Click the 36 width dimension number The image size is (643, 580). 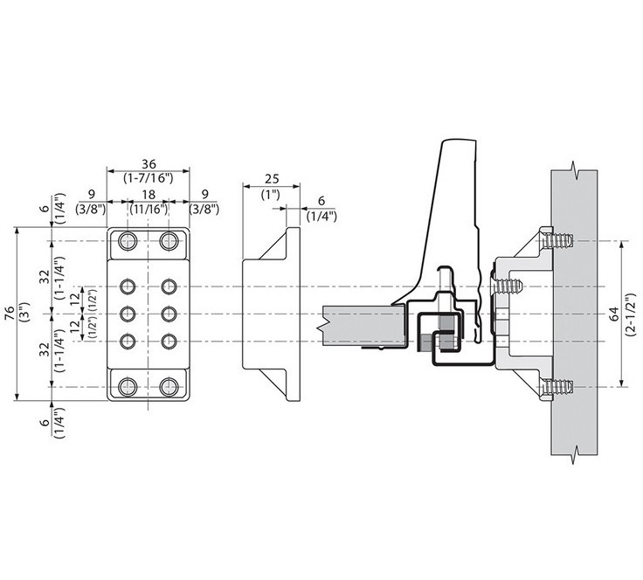pos(149,164)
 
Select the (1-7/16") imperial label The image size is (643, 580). pos(149,178)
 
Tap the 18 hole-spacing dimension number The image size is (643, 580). pos(149,195)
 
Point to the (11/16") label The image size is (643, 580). pos(149,209)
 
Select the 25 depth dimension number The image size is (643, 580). pos(272,179)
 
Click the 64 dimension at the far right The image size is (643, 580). pos(615,314)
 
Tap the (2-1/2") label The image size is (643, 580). pos(630,314)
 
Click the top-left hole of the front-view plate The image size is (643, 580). pos(128,241)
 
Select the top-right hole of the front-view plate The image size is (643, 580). pos(169,241)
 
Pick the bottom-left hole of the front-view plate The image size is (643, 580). pos(128,387)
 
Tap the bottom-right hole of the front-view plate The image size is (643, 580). pos(169,387)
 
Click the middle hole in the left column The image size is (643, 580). pos(128,314)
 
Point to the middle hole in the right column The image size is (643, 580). pos(169,314)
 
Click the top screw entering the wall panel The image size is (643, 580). pos(557,241)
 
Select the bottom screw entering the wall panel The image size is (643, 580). pos(557,387)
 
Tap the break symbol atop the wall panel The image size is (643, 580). pos(575,169)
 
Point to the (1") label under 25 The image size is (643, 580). pos(271,194)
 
